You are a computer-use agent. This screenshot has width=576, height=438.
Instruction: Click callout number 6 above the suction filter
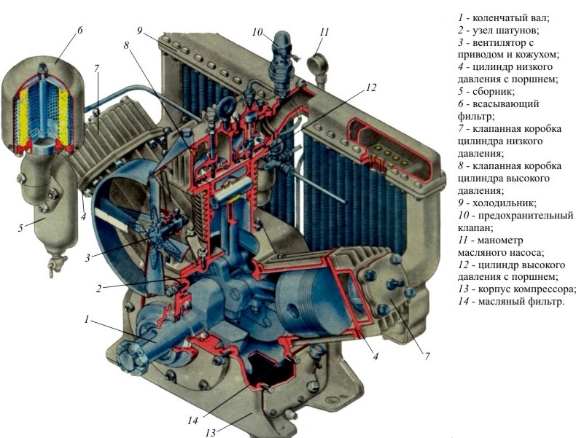79,31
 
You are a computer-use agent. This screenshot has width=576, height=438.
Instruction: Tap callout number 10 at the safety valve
257,32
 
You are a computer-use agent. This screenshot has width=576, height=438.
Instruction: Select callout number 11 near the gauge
324,32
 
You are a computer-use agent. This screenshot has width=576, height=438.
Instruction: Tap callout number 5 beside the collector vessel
21,228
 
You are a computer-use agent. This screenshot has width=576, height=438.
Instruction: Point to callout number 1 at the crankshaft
87,318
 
